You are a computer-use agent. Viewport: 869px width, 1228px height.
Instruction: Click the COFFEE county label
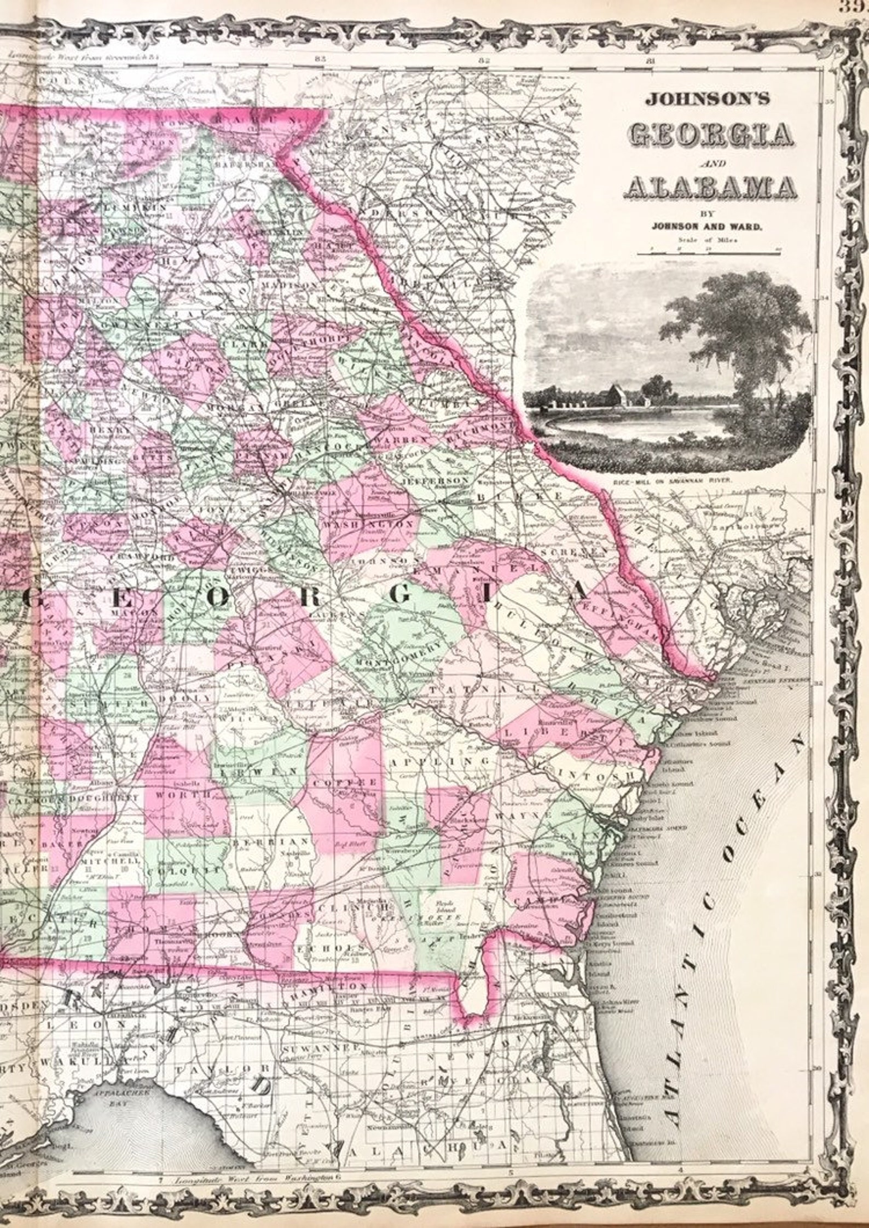(344, 783)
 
